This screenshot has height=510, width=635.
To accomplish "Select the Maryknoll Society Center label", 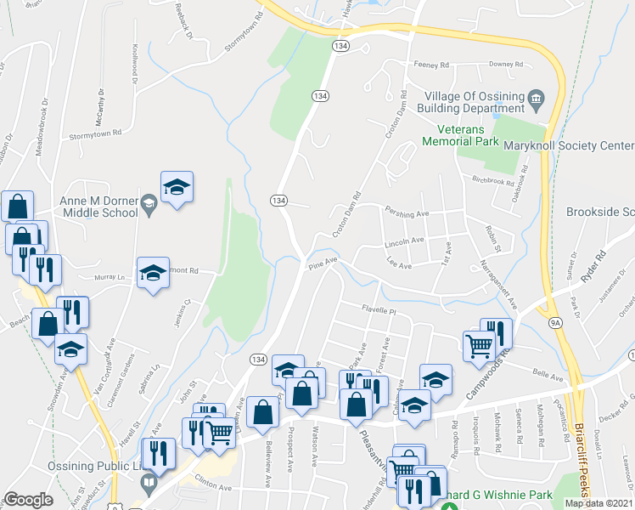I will click(581, 146).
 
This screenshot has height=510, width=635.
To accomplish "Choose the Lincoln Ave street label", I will click(404, 241).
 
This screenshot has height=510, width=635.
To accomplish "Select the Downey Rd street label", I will click(507, 65).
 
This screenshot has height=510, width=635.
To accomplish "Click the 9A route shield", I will click(555, 322).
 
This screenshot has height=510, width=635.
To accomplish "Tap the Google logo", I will click(28, 500).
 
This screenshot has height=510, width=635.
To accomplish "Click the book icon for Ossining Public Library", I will click(149, 484).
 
